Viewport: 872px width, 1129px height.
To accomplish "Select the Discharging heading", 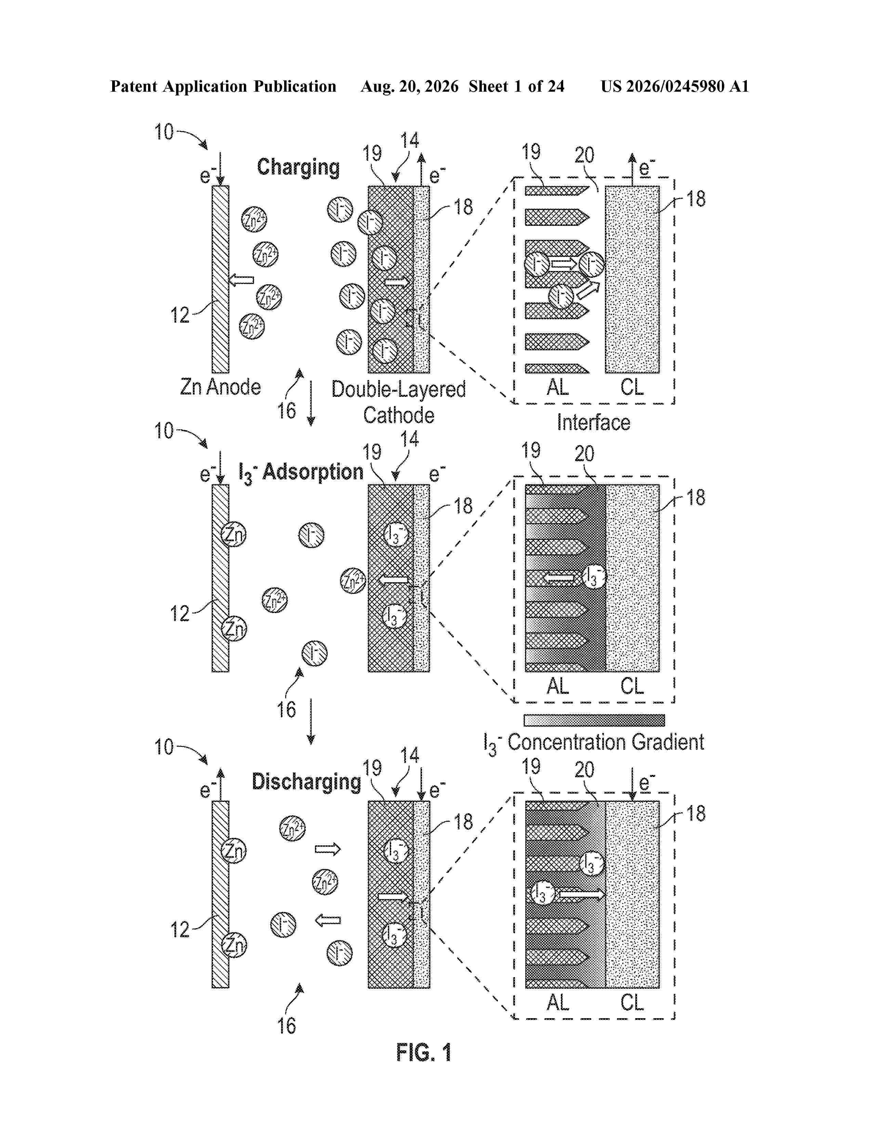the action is (306, 782).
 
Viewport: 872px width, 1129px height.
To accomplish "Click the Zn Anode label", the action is (220, 387).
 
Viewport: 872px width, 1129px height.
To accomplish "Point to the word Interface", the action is (594, 422).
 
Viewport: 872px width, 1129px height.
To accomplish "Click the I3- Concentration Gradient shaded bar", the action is (594, 720).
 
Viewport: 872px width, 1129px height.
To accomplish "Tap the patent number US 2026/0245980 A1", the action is (675, 86).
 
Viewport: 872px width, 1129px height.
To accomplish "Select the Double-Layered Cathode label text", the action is (398, 402).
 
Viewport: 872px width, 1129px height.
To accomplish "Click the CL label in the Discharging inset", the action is (632, 1002).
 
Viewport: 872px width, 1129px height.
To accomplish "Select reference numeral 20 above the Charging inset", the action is (584, 155).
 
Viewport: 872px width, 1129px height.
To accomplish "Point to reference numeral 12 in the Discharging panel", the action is (180, 930).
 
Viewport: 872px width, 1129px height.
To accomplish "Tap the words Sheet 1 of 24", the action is (517, 86).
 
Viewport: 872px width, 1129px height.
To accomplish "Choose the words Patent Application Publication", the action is (223, 86).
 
